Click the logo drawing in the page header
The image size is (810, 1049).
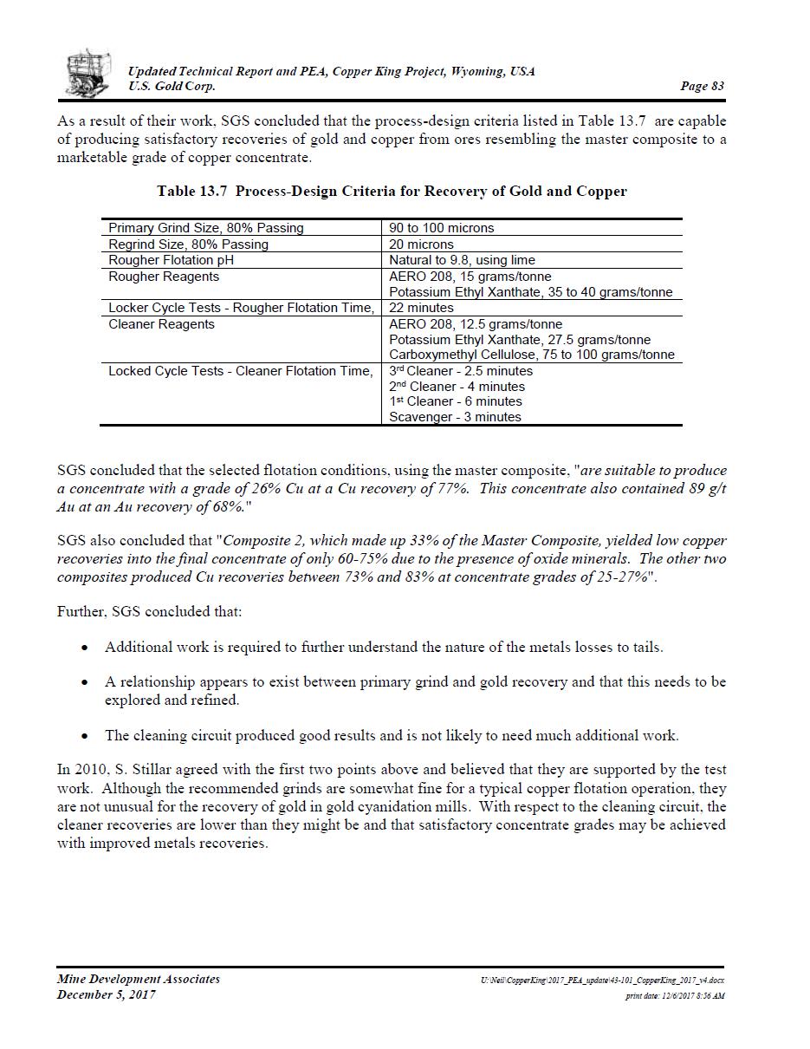point(88,73)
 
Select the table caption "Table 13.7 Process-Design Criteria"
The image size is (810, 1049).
point(392,192)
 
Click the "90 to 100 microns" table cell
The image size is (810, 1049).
point(442,228)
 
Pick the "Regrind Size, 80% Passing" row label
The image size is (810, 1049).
point(188,244)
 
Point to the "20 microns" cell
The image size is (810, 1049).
point(421,244)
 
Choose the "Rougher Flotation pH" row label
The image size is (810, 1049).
point(171,260)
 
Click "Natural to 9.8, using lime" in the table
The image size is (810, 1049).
point(462,260)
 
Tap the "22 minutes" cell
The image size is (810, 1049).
point(421,308)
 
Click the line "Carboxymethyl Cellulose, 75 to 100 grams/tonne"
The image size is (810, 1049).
point(531,355)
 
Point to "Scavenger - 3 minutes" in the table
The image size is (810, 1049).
point(455,417)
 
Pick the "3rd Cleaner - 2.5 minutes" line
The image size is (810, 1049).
point(461,371)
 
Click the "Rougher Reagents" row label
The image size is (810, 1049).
point(164,277)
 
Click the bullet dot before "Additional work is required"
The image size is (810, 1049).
point(84,648)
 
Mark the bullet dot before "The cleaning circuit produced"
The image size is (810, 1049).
point(84,736)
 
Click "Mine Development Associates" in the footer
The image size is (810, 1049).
point(139,980)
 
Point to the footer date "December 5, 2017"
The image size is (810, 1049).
point(107,995)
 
